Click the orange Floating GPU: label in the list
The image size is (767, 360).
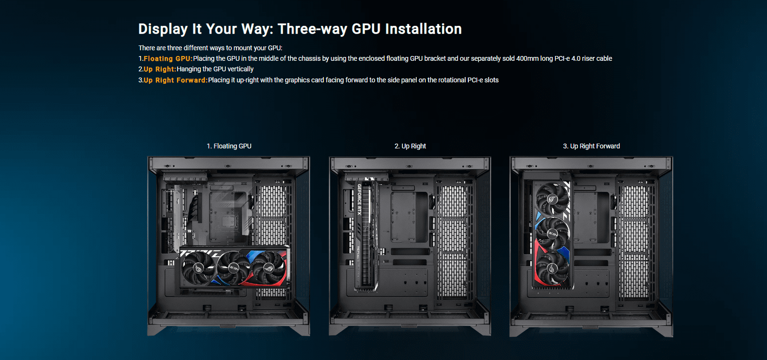coord(168,58)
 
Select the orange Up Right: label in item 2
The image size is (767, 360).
coord(160,69)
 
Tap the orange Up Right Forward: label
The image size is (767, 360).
coord(176,80)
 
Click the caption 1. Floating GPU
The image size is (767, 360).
coord(229,146)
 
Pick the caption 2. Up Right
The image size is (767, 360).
coord(410,146)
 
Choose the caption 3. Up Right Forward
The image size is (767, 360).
coord(591,146)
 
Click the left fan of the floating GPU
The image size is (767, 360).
coord(198,267)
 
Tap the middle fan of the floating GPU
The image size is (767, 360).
coord(233,267)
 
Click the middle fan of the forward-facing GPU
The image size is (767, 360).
coord(553,234)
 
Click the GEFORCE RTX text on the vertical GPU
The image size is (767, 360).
coord(359,199)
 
